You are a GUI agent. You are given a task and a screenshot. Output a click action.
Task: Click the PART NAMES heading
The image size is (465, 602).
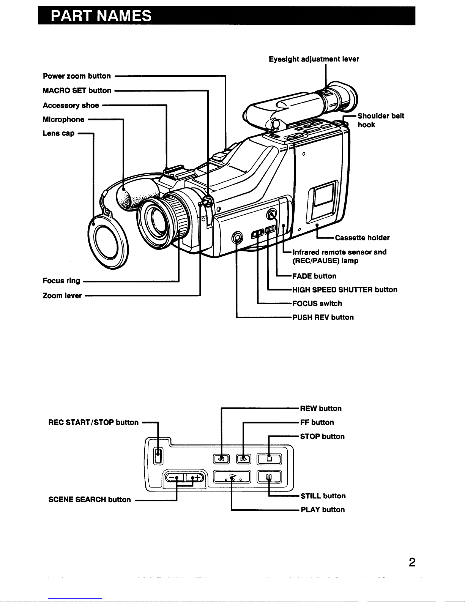(101, 16)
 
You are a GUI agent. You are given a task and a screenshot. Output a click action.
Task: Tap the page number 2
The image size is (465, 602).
(412, 562)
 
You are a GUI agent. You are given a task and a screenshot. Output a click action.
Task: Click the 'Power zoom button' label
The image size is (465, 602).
(77, 76)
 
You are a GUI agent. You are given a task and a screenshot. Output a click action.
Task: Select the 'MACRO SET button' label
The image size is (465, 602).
(77, 90)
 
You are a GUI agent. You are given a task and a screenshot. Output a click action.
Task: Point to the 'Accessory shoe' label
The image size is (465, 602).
(71, 105)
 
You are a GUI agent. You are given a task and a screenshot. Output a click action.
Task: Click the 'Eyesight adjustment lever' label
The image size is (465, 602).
(314, 59)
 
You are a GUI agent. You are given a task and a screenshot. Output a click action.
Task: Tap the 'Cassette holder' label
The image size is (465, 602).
(362, 238)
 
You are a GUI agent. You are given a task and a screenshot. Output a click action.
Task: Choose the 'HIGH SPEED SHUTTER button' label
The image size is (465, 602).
(345, 290)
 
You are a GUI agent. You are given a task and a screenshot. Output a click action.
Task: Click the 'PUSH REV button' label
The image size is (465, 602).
(323, 317)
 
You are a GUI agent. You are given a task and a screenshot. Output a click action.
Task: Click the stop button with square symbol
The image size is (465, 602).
(269, 459)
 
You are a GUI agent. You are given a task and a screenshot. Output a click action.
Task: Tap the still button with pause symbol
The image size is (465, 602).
(269, 477)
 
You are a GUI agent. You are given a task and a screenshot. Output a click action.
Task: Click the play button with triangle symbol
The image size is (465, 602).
(232, 477)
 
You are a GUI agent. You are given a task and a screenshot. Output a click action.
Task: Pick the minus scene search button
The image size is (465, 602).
(174, 478)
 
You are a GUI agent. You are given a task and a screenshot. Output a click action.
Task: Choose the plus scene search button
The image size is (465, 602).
(194, 478)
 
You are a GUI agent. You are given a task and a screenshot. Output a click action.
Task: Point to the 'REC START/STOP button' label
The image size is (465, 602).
(93, 422)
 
